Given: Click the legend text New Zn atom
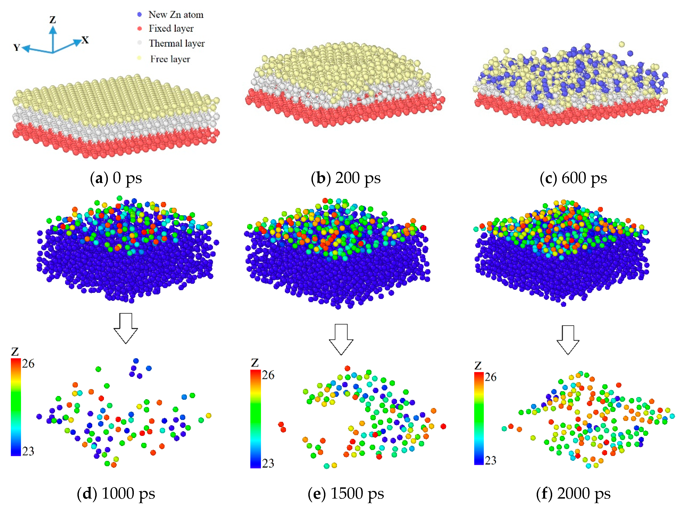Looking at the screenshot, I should point(176,15).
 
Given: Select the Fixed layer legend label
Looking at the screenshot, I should point(171,29).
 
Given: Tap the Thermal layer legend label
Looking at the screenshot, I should point(177,43).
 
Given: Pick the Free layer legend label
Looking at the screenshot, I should point(170,59).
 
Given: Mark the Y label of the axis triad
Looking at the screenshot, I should point(17,48).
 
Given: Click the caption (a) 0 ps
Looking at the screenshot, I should point(116,178).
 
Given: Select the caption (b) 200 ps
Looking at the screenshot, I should point(346,178).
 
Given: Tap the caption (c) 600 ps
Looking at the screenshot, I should point(573,178).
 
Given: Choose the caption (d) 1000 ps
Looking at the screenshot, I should point(116,493).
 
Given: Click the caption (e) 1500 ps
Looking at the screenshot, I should point(346,493).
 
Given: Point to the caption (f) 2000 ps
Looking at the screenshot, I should point(573,493).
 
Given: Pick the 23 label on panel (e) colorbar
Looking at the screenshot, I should point(268,463).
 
